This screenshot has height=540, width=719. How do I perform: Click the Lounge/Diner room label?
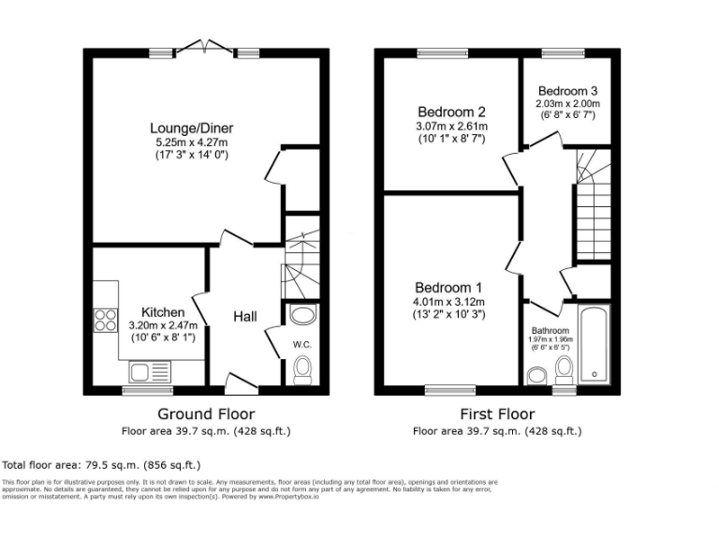(x=192, y=128)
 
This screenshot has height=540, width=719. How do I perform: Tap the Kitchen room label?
(x=162, y=312)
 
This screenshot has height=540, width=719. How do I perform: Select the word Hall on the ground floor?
(x=245, y=317)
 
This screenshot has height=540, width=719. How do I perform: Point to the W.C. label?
(x=301, y=343)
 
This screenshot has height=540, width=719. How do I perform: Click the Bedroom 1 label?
(x=449, y=287)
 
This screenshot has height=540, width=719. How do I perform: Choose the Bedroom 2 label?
(x=450, y=112)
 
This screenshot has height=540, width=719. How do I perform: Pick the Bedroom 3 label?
(x=567, y=91)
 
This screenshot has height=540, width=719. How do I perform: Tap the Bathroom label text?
(x=550, y=331)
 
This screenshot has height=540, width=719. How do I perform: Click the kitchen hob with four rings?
(x=105, y=321)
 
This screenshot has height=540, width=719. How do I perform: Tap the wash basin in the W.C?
(x=304, y=315)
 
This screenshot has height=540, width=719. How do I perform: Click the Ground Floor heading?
(x=205, y=413)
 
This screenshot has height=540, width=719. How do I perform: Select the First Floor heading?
(x=497, y=413)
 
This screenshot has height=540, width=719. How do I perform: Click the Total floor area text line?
(x=101, y=464)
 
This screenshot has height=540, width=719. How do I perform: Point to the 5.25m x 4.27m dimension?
(x=192, y=142)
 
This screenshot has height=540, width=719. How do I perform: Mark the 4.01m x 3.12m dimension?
(x=450, y=302)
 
